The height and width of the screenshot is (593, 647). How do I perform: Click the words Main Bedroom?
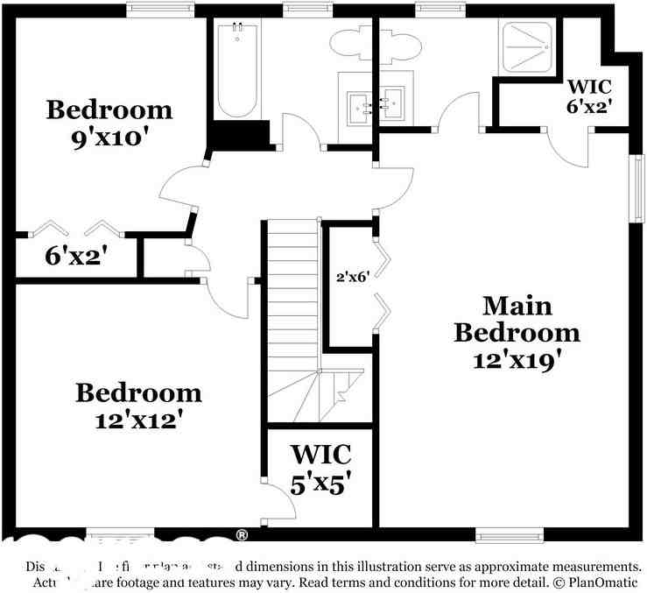(517, 320)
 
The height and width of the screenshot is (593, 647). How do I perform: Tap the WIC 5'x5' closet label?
(321, 469)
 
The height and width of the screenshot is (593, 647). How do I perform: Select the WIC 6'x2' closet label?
(588, 95)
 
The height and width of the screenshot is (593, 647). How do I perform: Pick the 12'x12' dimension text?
(138, 419)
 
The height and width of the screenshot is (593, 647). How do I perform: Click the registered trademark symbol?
(242, 534)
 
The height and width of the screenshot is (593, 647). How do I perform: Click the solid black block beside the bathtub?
(236, 136)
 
